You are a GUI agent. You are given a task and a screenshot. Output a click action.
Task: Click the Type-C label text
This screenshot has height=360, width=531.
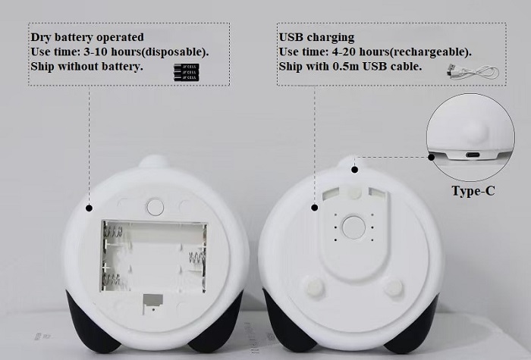click(x=473, y=191)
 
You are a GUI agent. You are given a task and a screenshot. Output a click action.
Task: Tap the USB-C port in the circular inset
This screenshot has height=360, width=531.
click(x=473, y=155)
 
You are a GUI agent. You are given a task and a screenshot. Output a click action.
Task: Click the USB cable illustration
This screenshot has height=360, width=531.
click(x=473, y=71)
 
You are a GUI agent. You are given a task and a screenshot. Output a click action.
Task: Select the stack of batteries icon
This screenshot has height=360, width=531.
click(x=187, y=72)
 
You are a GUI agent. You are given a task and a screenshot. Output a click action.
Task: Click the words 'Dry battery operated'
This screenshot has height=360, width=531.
click(x=87, y=37)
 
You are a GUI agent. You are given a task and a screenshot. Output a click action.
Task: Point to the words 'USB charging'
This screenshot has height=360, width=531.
click(x=316, y=37)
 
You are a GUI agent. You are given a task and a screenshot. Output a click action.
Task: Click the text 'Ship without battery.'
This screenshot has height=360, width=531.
click(x=86, y=67)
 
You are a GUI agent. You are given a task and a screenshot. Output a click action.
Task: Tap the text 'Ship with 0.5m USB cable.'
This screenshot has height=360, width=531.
click(x=350, y=67)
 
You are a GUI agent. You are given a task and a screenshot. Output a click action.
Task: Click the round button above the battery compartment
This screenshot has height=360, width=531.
click(x=155, y=207)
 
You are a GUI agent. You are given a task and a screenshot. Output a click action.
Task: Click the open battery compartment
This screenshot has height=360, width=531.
click(x=154, y=256)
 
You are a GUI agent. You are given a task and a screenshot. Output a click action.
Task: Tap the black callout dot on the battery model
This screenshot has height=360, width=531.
click(x=89, y=208)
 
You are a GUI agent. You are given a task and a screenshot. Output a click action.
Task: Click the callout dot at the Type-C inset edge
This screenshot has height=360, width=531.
click(x=431, y=157)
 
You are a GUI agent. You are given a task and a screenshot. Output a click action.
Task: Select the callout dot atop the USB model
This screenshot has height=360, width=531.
click(x=354, y=170)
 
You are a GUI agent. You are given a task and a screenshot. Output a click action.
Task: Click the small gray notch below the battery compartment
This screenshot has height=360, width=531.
click(x=152, y=302)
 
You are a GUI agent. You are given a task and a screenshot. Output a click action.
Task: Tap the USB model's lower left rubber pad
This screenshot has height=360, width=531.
click(x=315, y=287)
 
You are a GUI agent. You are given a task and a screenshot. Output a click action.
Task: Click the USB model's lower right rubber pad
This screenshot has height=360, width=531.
click(x=394, y=287)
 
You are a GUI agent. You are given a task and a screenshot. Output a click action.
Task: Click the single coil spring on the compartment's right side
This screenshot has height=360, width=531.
click(x=196, y=259)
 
